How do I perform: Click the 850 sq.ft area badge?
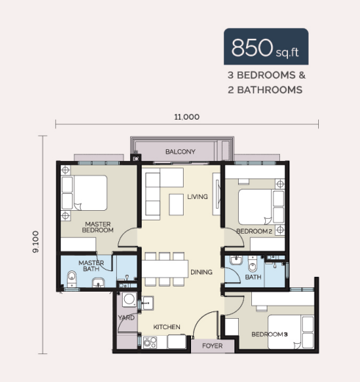pos(266,46)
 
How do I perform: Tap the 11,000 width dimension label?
pos(187,117)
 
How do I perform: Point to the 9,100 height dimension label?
pos(36,242)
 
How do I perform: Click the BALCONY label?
pos(180,152)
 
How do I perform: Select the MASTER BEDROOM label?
pos(98,227)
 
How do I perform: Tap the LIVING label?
pos(198,197)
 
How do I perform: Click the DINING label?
pos(201,272)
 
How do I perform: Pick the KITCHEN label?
pos(167,327)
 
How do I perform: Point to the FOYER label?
pos(212,346)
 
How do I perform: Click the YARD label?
pos(126,317)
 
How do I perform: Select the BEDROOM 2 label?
pos(254,231)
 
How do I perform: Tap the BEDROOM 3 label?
pos(270,334)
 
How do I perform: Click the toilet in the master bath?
pos(71,278)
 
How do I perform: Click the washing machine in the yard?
pos(129,299)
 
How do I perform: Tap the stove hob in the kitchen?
pos(150,342)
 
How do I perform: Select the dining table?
pos(165,269)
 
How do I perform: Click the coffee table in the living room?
pos(176,204)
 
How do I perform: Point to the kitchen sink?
pos(148,303)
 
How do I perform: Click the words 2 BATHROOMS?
pos(265,90)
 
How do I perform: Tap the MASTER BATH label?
pos(91,266)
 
